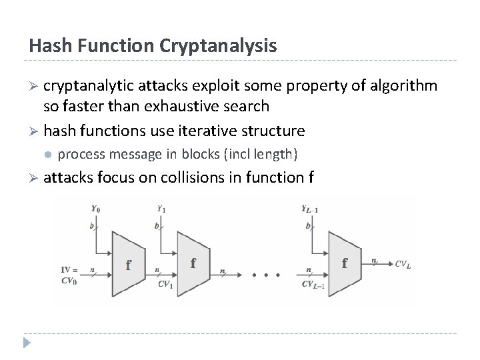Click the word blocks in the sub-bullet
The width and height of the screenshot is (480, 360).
point(197,154)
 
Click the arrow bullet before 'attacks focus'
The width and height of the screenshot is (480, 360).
point(33,177)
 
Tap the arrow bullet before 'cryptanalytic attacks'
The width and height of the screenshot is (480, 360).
point(33,87)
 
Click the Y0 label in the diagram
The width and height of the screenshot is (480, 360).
point(97,208)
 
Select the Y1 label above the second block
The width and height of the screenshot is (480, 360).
point(161,208)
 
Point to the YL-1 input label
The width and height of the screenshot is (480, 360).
point(311,208)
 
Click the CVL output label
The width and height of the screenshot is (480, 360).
point(403,264)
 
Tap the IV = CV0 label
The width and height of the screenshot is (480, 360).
point(69,276)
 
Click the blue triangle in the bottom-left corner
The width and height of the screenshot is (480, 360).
point(26,343)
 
